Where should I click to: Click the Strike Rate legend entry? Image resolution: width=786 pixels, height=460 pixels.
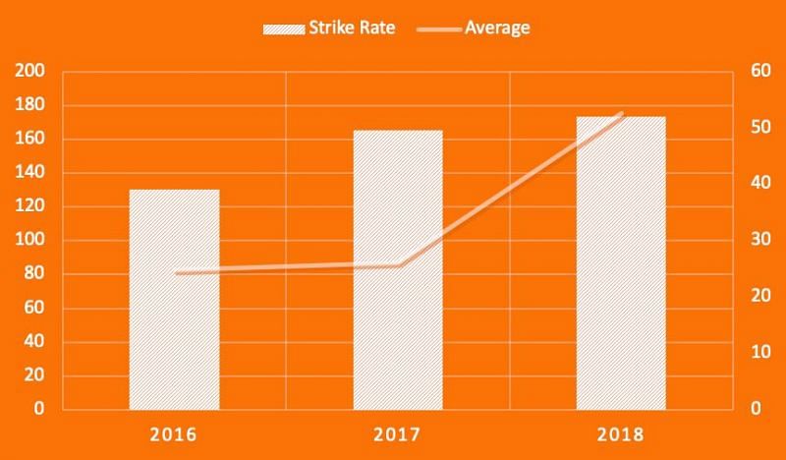point(329,28)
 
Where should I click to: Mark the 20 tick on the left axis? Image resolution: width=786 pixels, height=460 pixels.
point(36,375)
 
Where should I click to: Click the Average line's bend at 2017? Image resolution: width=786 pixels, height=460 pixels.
point(398,265)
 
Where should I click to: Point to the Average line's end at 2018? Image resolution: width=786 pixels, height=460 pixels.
point(621,114)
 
